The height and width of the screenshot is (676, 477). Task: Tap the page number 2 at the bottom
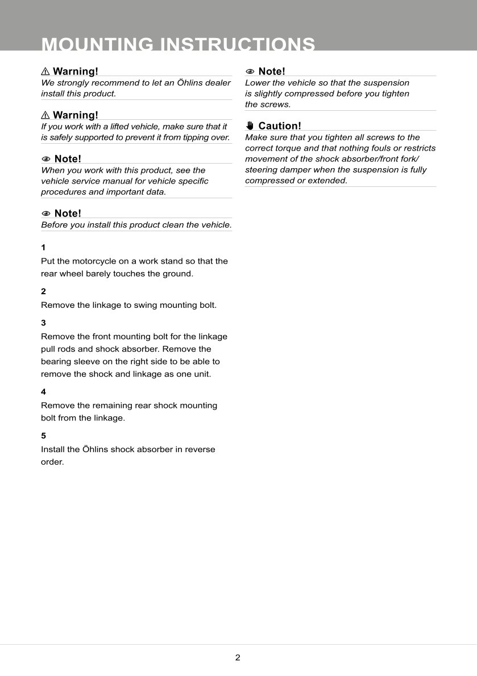(x=238, y=658)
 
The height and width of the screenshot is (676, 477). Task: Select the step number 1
(x=43, y=248)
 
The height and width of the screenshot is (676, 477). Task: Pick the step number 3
(x=43, y=323)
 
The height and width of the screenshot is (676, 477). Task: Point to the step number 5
(x=43, y=436)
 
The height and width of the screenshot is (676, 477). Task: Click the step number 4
(x=43, y=392)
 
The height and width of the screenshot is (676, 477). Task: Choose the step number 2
(x=43, y=291)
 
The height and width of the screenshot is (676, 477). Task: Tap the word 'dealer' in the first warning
(x=217, y=83)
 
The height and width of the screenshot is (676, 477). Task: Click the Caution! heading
(x=279, y=126)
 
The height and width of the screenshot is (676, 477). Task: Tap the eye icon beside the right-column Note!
(x=250, y=72)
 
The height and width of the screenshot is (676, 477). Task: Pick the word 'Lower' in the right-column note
(x=258, y=83)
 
